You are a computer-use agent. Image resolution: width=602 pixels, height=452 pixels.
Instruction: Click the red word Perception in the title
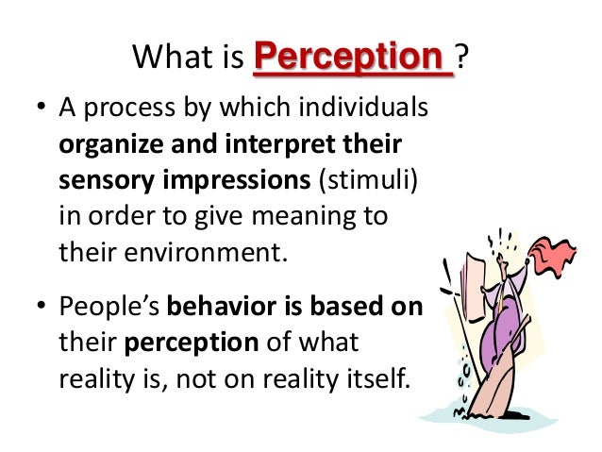353,59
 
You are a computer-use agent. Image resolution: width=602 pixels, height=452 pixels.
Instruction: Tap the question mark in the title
463,60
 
